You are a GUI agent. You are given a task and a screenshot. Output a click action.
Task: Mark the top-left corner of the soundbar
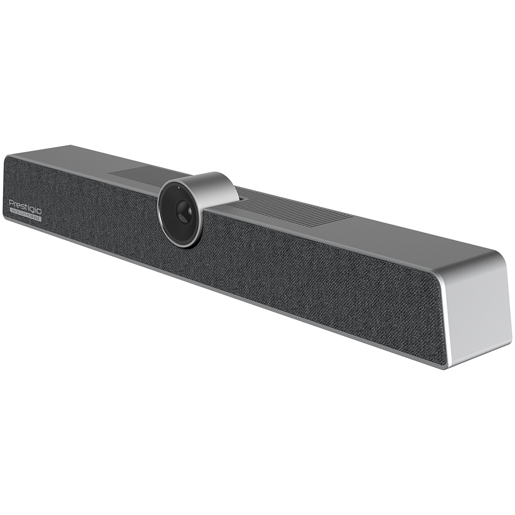coord(6,156)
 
